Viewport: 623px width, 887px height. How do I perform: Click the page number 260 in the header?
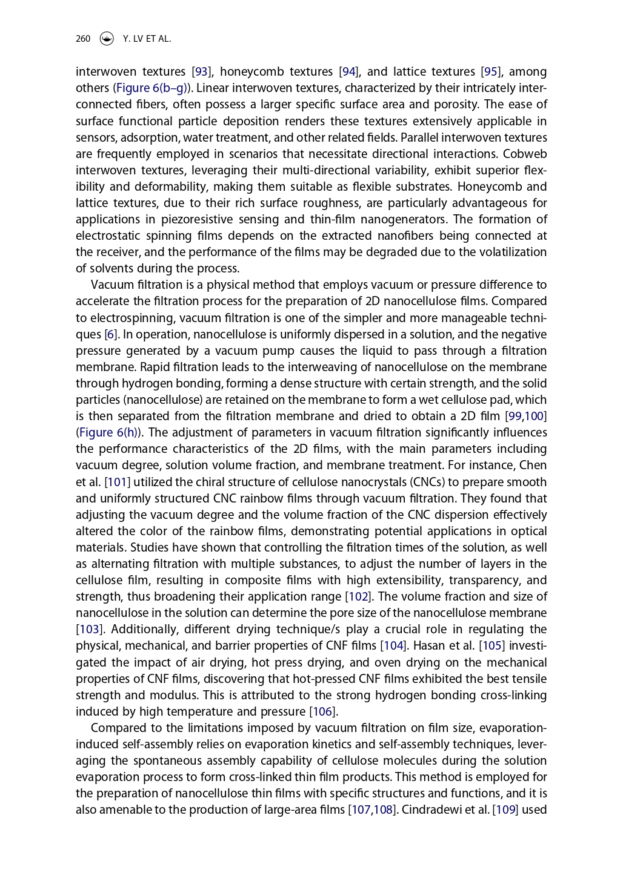tap(83, 39)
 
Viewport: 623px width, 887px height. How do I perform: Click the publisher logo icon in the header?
tap(107, 39)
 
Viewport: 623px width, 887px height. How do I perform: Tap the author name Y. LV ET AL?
tap(147, 39)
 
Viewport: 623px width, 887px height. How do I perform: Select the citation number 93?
tap(201, 72)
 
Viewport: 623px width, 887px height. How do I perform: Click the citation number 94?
tap(348, 72)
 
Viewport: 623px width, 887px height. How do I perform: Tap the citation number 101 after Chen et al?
tap(118, 483)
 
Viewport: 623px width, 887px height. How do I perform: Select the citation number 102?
tap(358, 597)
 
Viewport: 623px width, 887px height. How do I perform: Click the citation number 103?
tap(89, 630)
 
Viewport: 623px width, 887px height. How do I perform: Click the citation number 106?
tap(322, 712)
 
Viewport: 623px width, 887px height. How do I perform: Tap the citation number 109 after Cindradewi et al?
tap(505, 810)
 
